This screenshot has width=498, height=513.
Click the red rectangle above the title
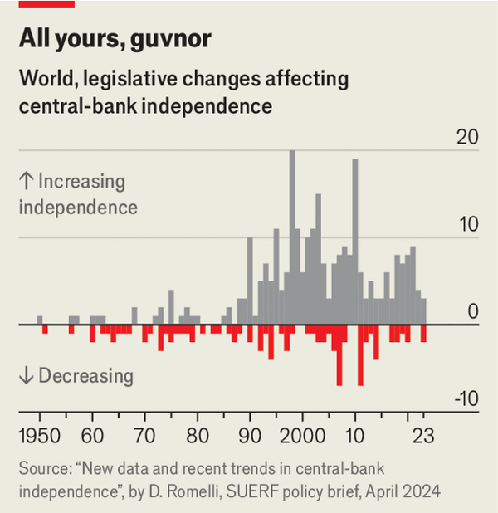coord(46,4)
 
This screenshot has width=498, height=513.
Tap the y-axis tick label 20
coord(467,138)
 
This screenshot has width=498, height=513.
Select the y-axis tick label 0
coord(473,312)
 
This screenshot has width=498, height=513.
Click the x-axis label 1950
coord(39,436)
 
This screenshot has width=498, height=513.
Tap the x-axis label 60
coord(92,436)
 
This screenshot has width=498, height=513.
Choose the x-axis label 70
coord(144,436)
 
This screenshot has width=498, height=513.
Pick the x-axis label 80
coord(198,436)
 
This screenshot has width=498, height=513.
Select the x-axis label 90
coord(250,436)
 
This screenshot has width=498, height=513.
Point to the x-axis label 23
coord(423,436)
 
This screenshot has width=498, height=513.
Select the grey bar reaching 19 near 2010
coord(355,241)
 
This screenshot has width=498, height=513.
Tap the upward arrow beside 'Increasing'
coord(26,182)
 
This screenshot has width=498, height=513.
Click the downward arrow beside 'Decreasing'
coord(26,376)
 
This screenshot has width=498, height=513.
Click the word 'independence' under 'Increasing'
coord(78,207)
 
